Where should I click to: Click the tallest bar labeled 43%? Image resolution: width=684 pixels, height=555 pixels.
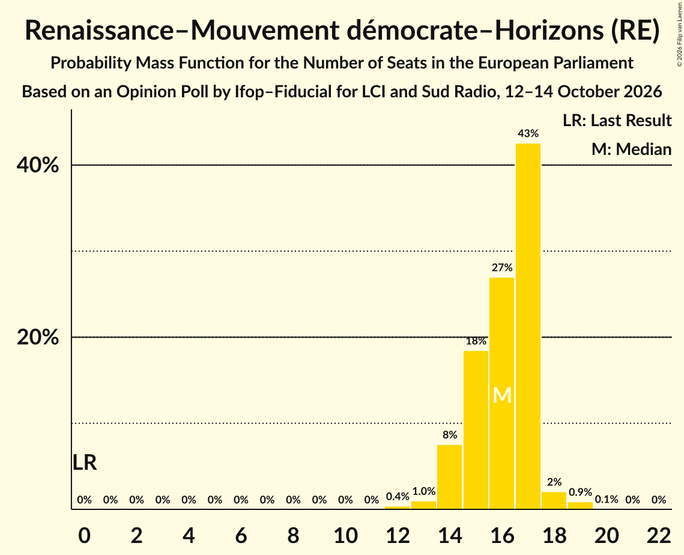(528, 326)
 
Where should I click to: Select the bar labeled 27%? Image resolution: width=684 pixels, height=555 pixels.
(501, 393)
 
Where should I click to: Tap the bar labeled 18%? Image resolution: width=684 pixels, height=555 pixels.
(476, 430)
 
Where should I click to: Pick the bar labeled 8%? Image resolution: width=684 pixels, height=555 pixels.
(449, 477)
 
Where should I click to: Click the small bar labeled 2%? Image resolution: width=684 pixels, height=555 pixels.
(554, 500)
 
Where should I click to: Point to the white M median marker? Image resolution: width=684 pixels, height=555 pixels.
(501, 395)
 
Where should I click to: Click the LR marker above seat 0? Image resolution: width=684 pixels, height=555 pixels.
(85, 462)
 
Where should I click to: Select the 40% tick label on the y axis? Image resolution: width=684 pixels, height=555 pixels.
(37, 165)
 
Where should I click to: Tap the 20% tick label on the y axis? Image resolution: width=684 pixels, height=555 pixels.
(37, 338)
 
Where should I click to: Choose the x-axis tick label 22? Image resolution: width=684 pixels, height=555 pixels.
(659, 535)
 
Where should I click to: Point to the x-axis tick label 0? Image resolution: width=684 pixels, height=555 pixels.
(85, 535)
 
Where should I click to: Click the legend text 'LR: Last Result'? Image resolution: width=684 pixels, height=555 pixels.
(617, 120)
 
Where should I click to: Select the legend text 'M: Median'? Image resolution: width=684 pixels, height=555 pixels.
(631, 149)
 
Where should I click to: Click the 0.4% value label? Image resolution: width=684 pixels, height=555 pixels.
(398, 497)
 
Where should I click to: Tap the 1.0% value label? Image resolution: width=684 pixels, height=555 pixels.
(423, 491)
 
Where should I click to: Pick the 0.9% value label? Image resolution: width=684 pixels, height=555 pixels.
(580, 492)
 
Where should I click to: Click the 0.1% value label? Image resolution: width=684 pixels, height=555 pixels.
(607, 499)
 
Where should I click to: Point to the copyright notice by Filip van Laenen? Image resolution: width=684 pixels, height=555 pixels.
(679, 34)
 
